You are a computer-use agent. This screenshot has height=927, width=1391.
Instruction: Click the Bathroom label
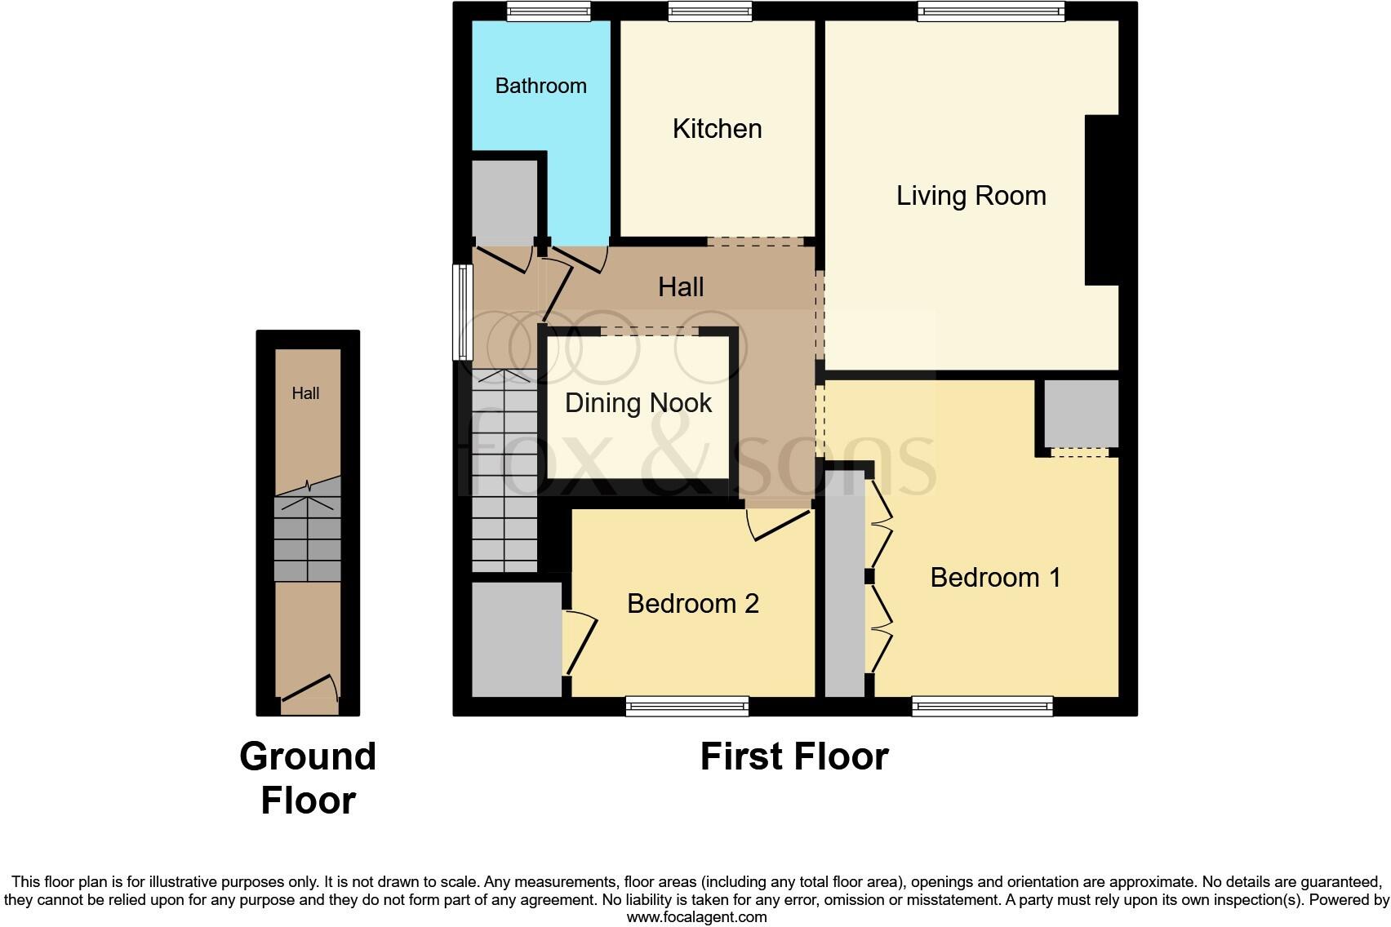pos(540,86)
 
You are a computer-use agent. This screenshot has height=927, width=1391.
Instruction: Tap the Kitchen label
pos(717,129)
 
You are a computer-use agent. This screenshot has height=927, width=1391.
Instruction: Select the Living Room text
pos(971,196)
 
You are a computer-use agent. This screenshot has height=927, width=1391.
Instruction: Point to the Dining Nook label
pos(638,403)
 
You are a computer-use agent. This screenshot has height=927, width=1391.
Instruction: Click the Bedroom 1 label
pos(995,578)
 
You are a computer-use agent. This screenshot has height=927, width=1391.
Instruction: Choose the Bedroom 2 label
pos(692,604)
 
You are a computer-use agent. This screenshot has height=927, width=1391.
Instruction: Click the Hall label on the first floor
pos(681,287)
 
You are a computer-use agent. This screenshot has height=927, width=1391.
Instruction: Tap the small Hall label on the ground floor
pos(305,393)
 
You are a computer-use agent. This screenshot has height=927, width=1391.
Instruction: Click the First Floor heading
pos(793,757)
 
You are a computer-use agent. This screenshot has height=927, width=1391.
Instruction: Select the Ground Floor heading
pos(308,778)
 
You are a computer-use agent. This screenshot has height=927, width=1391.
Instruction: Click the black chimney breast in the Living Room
pos(1101,200)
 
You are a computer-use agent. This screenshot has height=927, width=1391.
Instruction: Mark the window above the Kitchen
pos(709,11)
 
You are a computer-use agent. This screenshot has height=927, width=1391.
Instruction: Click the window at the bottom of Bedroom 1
pos(982,706)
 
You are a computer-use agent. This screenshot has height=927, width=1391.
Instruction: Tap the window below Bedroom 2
pos(687,706)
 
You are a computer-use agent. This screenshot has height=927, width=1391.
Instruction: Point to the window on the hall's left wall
pos(463,312)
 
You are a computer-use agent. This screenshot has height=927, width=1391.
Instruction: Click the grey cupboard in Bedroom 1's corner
pos(1081,413)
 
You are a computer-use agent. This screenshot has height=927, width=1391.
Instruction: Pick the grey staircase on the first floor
pos(504,471)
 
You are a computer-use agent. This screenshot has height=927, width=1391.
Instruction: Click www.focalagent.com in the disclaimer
pos(696,917)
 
